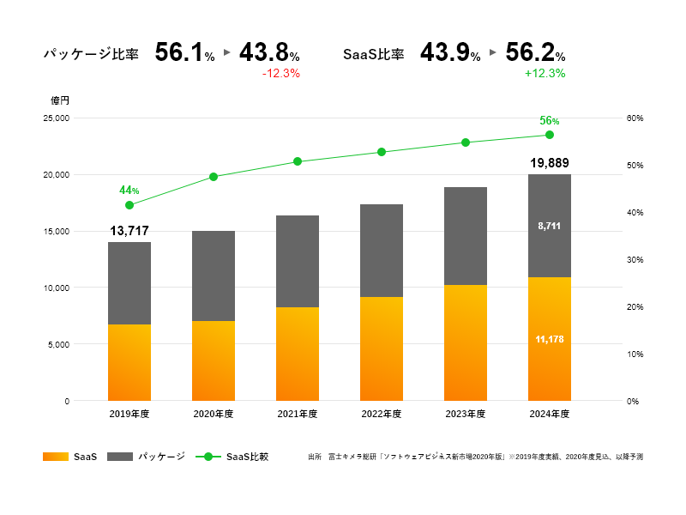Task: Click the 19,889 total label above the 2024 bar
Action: pos(550,163)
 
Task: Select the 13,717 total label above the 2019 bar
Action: pos(129,231)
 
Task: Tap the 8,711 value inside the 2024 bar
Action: pos(550,226)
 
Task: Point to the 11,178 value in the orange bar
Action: pos(550,340)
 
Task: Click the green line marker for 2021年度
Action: pos(298,161)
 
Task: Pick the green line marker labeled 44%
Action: pos(129,205)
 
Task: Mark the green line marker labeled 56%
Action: pos(550,135)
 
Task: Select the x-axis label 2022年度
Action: pos(382,414)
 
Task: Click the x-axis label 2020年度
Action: pos(214,414)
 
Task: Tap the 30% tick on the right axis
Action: pos(635,259)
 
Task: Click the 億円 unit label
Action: pos(59,100)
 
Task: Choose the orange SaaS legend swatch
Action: pos(55,457)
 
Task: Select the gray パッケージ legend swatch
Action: pos(119,457)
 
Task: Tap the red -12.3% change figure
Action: pos(280,74)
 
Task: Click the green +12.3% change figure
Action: pos(545,74)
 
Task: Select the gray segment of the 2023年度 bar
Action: pos(466,236)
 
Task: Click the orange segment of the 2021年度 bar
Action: pos(298,354)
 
